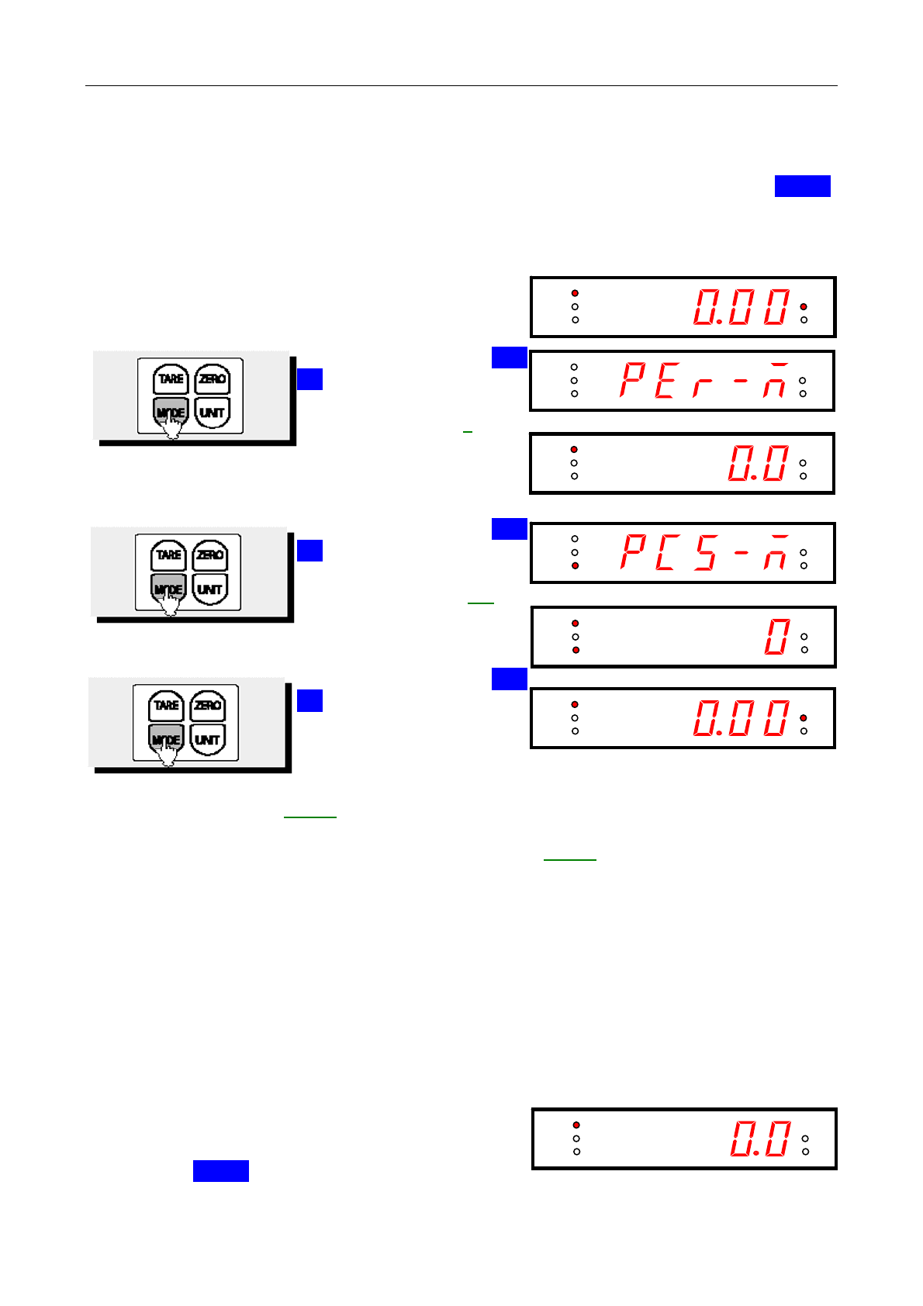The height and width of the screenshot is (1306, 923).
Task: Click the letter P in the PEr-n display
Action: pos(633,380)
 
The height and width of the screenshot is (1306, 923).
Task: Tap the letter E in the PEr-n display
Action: pos(665,380)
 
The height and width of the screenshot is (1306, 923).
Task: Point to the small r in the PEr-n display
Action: pos(702,385)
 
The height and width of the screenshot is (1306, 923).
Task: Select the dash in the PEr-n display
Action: pos(741,381)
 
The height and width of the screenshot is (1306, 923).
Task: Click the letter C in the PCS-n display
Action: pos(665,552)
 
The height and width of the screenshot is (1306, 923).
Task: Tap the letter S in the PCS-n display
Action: pos(705,552)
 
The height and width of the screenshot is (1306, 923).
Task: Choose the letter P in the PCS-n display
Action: pos(633,552)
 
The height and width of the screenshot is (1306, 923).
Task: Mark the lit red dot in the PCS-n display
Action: pos(575,566)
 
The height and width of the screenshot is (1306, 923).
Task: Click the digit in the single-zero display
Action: pos(777,637)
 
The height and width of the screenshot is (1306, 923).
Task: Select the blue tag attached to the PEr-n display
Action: pos(509,358)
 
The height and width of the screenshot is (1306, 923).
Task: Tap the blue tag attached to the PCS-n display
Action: pos(509,529)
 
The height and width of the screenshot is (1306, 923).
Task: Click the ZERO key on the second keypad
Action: pos(209,555)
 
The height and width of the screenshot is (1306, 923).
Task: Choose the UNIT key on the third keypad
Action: pos(207,740)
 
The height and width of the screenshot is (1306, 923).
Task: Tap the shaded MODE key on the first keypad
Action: pos(171,413)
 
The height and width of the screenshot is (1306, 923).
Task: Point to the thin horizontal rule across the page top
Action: pos(461,85)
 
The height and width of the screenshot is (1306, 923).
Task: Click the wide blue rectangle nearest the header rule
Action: pos(802,186)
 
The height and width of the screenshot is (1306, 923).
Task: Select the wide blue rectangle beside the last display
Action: pos(220,1171)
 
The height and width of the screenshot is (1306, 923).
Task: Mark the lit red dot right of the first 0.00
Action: pos(804,306)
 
